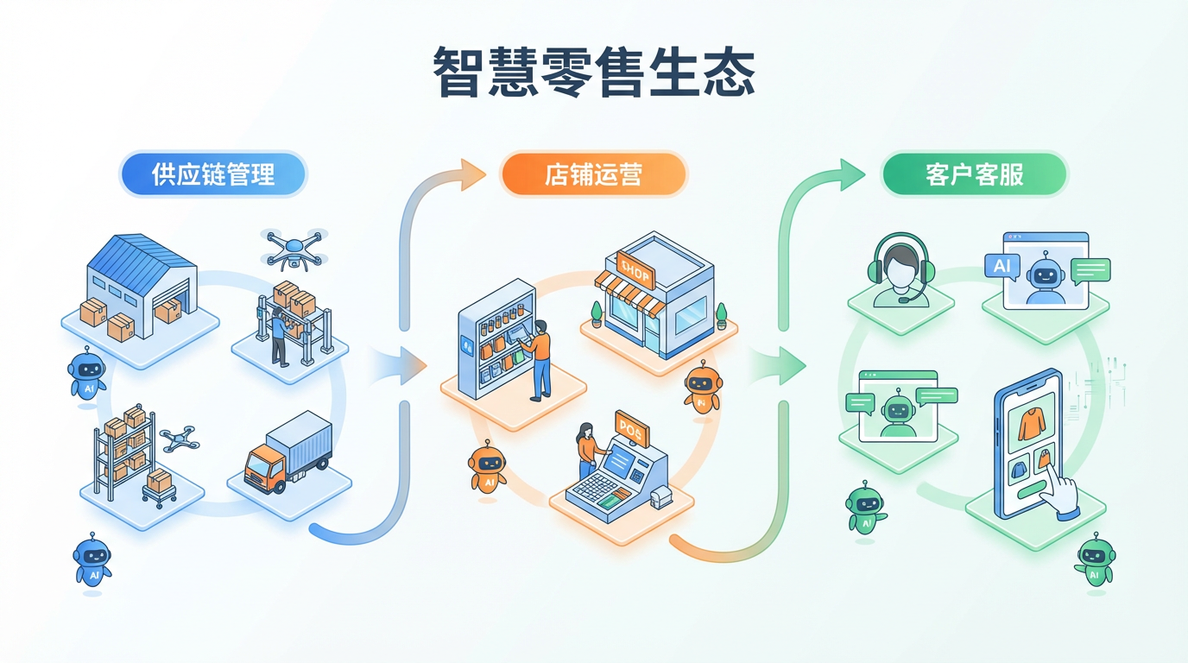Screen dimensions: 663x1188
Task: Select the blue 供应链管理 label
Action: coord(213,174)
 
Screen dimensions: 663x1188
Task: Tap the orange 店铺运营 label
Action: coord(593,174)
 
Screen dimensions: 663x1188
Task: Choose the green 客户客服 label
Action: coord(974,174)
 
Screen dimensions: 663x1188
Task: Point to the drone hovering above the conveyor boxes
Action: coord(295,246)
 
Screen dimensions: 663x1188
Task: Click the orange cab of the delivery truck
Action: coord(262,468)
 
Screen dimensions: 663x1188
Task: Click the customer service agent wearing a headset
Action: coord(900,268)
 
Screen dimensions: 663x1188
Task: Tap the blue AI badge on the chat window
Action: coord(1002,265)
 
